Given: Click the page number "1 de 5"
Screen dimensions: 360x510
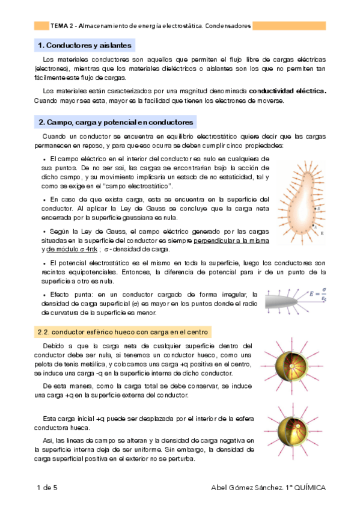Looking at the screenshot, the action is click(x=46, y=488).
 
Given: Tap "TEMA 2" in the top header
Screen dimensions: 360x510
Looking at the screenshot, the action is click(x=63, y=26).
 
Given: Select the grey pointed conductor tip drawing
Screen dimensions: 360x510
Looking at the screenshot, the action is click(x=288, y=299).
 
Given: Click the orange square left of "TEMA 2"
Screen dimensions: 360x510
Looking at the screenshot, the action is click(x=41, y=26).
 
